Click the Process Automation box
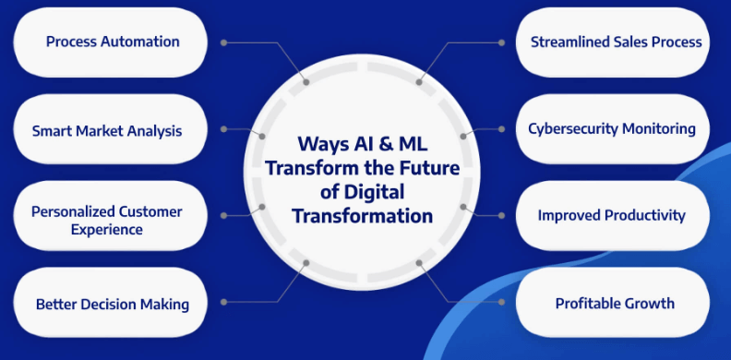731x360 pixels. coord(112,42)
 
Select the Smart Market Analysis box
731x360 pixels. coord(107,130)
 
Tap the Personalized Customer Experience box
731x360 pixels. coord(107,220)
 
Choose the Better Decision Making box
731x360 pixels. coord(112,304)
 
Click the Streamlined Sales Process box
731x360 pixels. coord(615,42)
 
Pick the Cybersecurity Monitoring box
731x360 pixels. coord(611,129)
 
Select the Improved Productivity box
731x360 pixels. coord(611,216)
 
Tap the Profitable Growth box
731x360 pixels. coord(614,303)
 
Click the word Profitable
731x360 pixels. coord(589,303)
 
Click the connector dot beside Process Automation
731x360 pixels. coord(225,42)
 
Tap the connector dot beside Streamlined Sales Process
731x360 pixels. coord(501,42)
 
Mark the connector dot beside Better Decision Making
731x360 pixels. coord(225,301)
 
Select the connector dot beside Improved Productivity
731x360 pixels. coord(501,216)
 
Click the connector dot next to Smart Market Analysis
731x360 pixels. coord(225,129)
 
